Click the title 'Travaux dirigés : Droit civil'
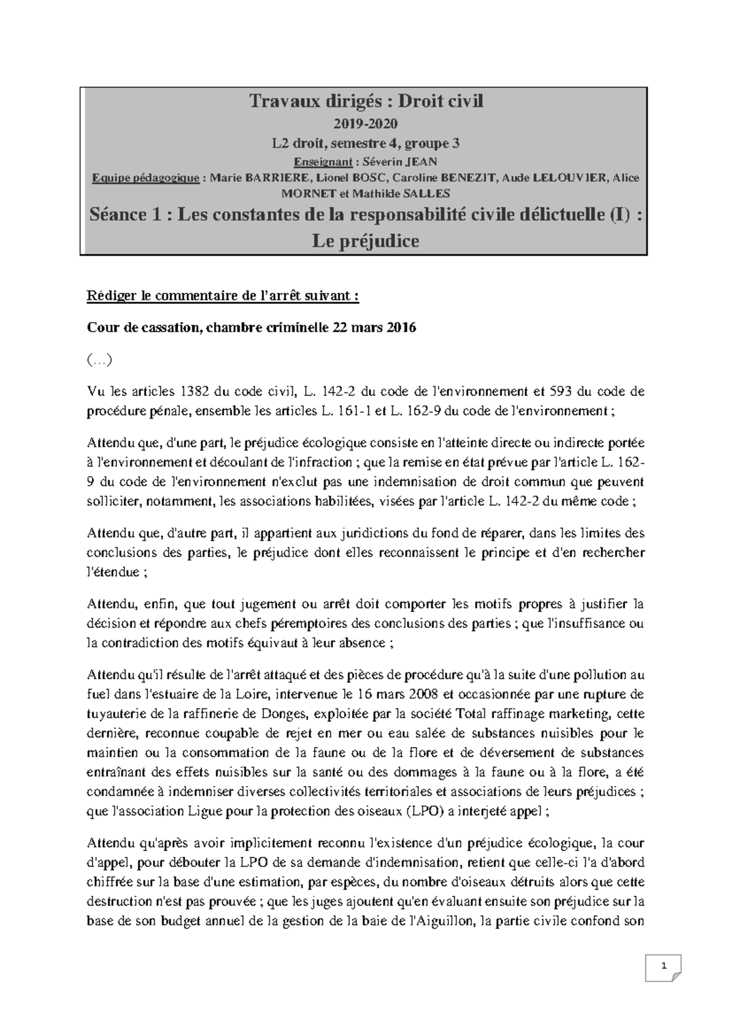[365, 101]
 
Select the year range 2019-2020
[365, 124]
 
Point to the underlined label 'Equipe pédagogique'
[145, 178]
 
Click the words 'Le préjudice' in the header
[365, 241]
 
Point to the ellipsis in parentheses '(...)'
[99, 360]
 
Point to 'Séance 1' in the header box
[127, 215]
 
